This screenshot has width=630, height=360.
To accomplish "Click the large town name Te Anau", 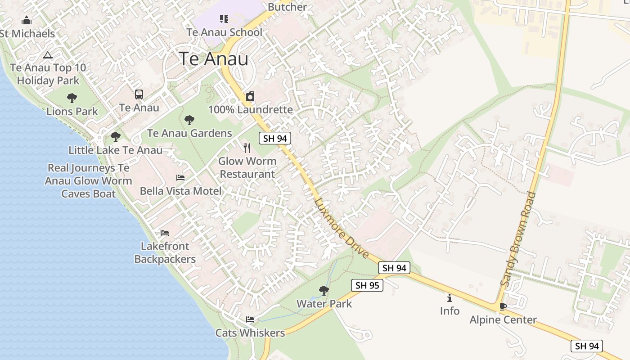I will click(x=213, y=59).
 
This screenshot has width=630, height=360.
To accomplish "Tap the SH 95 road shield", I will click(x=367, y=285).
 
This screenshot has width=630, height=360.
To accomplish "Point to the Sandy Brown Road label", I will click(x=518, y=239).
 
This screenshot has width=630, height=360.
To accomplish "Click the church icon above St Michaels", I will click(x=27, y=21).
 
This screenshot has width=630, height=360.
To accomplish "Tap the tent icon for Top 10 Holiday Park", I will click(x=48, y=55).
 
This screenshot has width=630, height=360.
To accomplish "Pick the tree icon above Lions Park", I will click(x=72, y=98).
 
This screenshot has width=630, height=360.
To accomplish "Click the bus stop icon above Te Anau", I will click(x=139, y=94).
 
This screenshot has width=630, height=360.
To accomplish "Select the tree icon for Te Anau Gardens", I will click(x=189, y=120).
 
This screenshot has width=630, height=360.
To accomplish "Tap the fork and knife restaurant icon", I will click(x=247, y=148).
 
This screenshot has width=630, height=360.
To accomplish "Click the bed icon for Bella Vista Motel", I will click(x=180, y=178).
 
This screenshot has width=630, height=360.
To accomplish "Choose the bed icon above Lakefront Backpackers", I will click(x=165, y=233).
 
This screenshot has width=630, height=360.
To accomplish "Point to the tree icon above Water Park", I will click(x=324, y=291).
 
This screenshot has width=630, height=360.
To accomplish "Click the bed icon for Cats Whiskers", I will click(x=250, y=319).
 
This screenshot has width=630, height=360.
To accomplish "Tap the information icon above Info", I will click(x=450, y=298).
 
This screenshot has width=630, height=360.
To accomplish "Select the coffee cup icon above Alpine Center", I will click(x=503, y=307).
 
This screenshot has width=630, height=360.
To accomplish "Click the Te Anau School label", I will click(x=224, y=32).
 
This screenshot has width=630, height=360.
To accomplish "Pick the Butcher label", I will click(x=287, y=7).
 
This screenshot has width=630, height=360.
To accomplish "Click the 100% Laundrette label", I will click(x=250, y=110).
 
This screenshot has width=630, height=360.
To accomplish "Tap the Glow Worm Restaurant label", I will click(x=247, y=167).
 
